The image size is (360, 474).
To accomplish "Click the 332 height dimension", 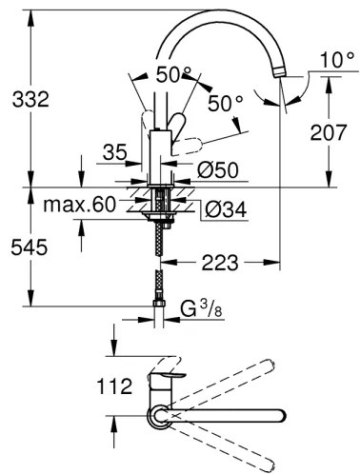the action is point(30,99).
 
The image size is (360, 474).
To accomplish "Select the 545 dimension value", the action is point(30,247).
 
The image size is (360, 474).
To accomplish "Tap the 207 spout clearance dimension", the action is point(329,132).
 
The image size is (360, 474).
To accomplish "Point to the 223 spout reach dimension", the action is point(220,263).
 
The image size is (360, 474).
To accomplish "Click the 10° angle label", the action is point(337,60).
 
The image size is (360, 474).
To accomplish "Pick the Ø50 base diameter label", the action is point(218,169).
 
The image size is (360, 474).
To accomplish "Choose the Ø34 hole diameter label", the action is point(226,209).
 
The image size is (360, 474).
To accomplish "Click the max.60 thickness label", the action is point(80,204).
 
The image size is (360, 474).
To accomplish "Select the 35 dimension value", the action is point(115,152).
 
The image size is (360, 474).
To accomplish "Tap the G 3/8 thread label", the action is point(201,309).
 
